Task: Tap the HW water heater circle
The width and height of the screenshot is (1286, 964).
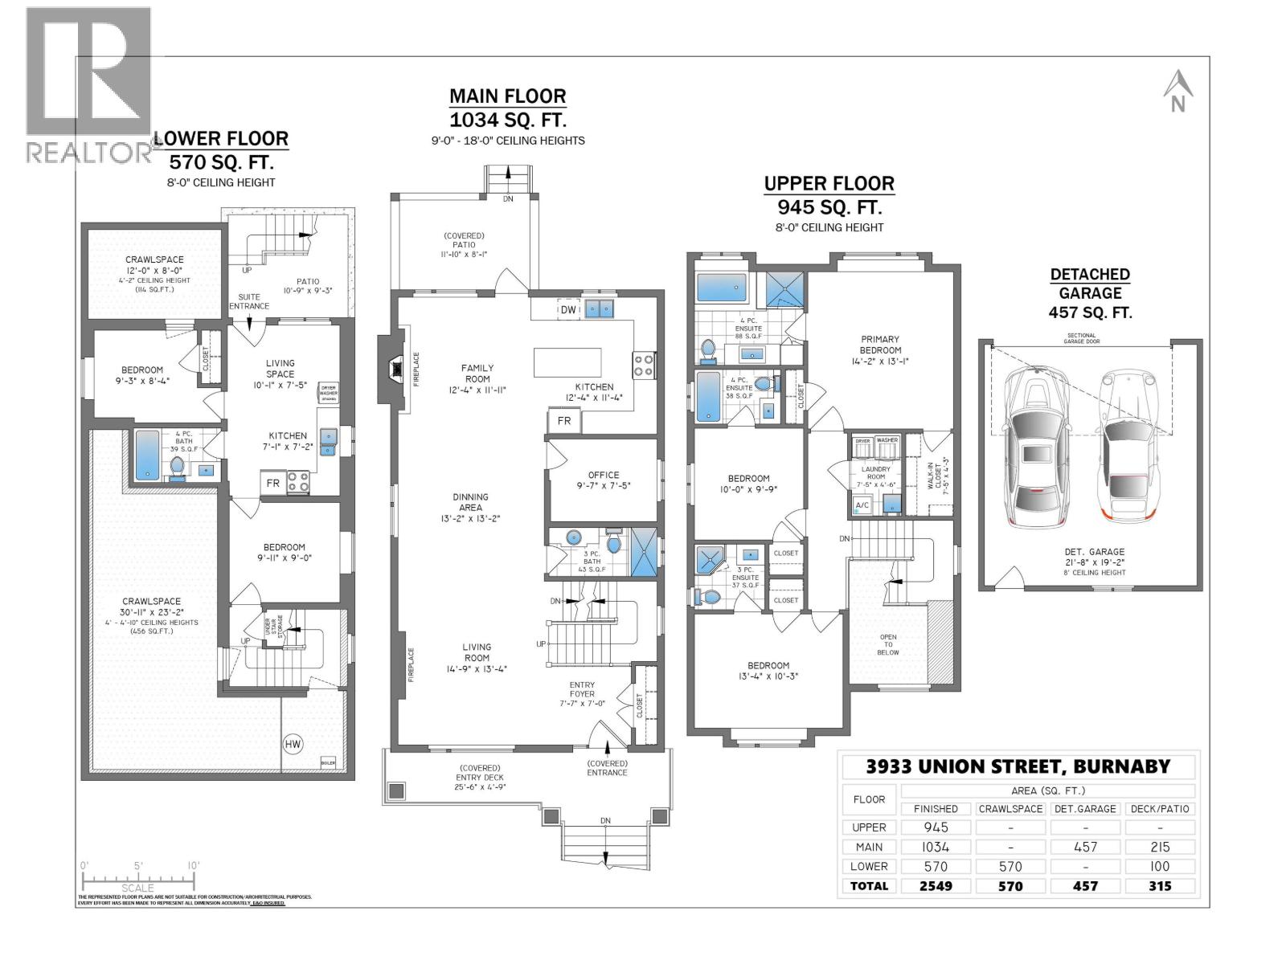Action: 293,745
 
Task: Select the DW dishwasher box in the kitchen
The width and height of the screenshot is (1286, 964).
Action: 567,309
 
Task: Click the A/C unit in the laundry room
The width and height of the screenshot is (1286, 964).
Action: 862,505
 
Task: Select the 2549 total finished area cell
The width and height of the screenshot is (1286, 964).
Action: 936,886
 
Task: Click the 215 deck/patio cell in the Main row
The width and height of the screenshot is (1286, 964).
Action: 1160,847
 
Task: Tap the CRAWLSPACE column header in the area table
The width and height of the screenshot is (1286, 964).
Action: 1010,809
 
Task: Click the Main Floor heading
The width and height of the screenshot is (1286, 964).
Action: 507,96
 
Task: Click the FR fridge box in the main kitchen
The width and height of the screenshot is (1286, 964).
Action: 564,421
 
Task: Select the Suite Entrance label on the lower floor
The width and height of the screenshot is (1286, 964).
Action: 248,301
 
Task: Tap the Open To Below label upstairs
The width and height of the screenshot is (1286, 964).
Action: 888,644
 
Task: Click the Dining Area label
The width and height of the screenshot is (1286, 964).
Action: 470,502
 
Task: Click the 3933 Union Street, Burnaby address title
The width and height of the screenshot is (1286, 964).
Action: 1018,766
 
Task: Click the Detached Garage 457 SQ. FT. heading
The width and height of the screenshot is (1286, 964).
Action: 1090,293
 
